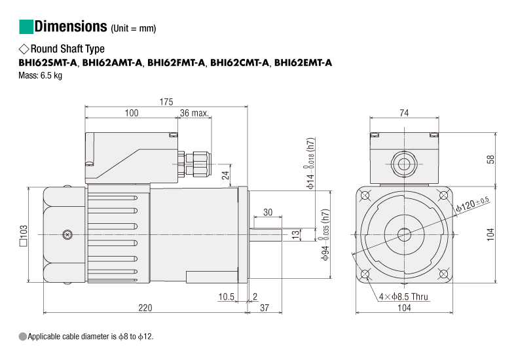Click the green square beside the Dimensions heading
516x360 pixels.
pyautogui.click(x=26, y=27)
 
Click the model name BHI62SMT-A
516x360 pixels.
pyautogui.click(x=48, y=63)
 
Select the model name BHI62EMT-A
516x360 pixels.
pyautogui.click(x=303, y=63)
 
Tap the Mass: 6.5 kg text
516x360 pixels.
pyautogui.click(x=40, y=75)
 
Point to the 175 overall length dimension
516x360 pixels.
pyautogui.click(x=166, y=101)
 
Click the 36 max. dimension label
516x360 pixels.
pyautogui.click(x=194, y=113)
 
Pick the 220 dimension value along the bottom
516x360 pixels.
pyautogui.click(x=145, y=308)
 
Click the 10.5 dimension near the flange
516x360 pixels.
pyautogui.click(x=227, y=297)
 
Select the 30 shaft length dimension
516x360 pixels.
pyautogui.click(x=268, y=212)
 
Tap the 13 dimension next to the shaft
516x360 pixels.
pyautogui.click(x=296, y=234)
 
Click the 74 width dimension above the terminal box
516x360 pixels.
pyautogui.click(x=404, y=113)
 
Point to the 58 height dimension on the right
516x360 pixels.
pyautogui.click(x=490, y=159)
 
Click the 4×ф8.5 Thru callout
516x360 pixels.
pyautogui.click(x=403, y=297)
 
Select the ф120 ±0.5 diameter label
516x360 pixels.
pyautogui.click(x=473, y=204)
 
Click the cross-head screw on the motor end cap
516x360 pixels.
pyautogui.click(x=67, y=234)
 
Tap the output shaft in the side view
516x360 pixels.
pyautogui.click(x=265, y=234)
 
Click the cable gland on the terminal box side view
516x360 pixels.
pyautogui.click(x=194, y=164)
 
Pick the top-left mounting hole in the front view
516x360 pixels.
pyautogui.click(x=365, y=196)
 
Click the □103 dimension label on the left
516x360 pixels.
pyautogui.click(x=24, y=235)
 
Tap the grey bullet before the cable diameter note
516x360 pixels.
pyautogui.click(x=23, y=336)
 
